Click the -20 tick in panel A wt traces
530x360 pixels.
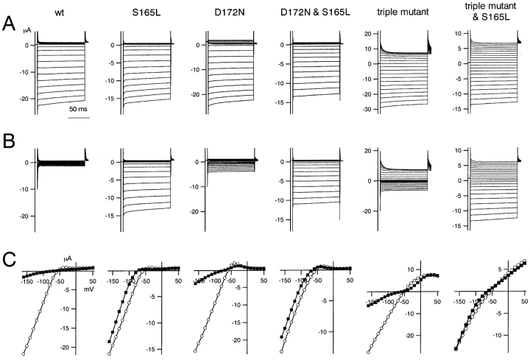23,98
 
